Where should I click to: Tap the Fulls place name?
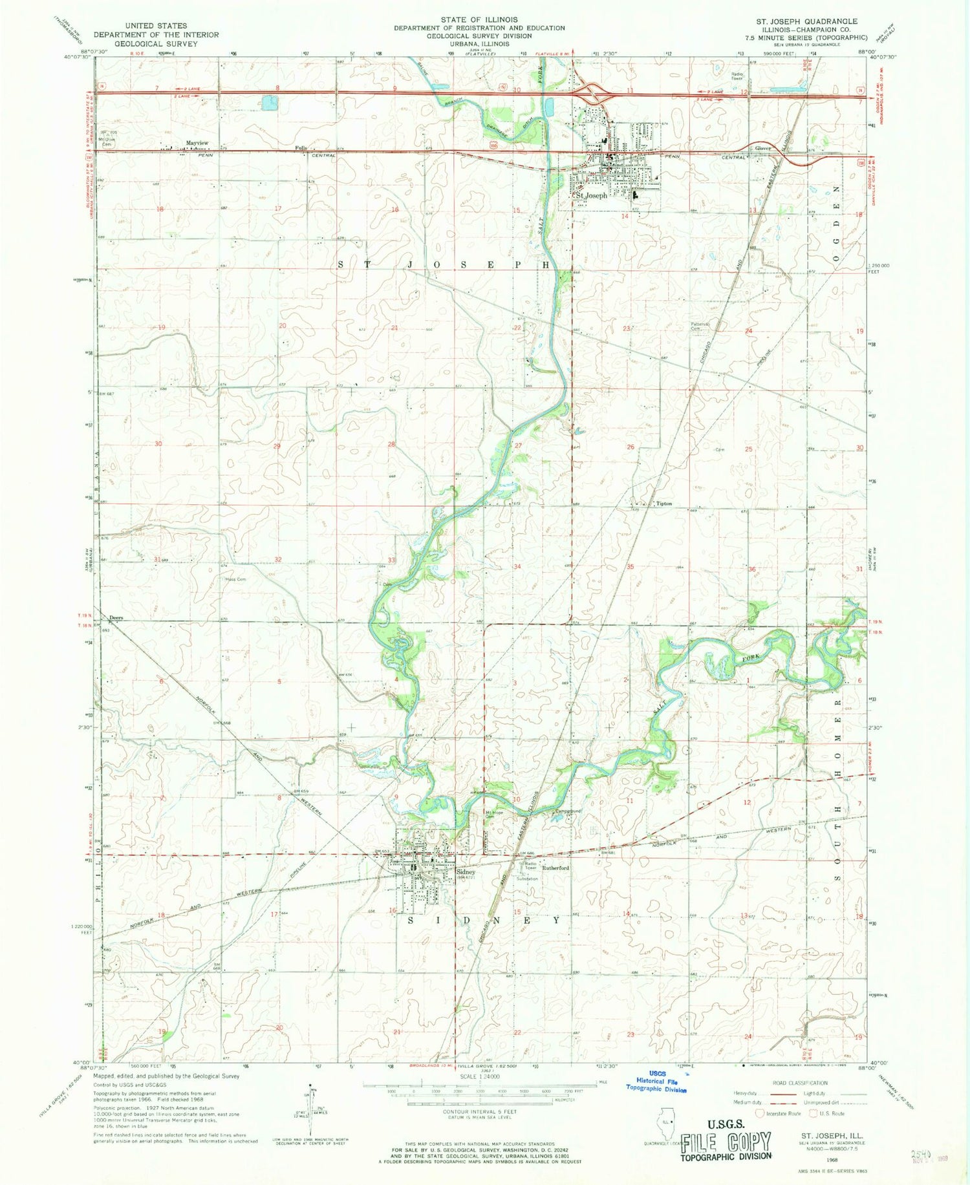(300, 148)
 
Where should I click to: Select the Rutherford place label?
(555, 868)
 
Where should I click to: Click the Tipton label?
(663, 504)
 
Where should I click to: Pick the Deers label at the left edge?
(116, 617)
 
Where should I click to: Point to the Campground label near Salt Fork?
(567, 812)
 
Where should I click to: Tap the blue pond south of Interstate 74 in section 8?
(270, 102)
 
